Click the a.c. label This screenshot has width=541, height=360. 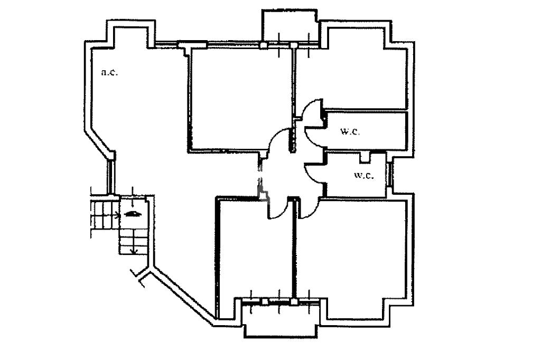click(109, 72)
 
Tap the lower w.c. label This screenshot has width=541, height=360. click(363, 175)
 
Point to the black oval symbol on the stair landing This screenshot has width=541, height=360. click(132, 214)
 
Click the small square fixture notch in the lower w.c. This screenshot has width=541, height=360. click(364, 156)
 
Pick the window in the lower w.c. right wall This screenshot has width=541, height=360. click(390, 175)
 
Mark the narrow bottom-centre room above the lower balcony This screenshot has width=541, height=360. click(254, 253)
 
